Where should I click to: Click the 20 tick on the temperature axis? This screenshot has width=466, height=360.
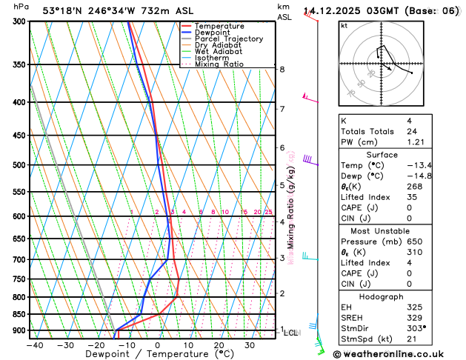tap(219, 345)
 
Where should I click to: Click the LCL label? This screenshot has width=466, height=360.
tap(291, 333)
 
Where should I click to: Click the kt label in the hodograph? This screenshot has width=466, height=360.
tap(344, 25)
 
